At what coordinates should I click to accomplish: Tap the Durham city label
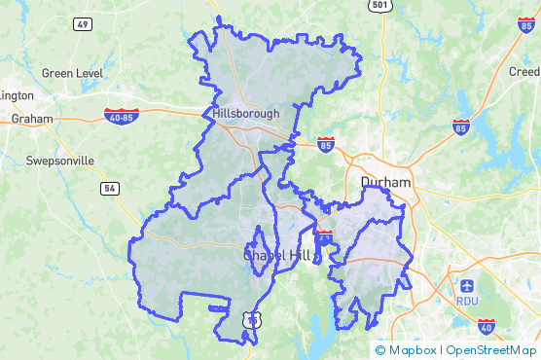pos(386,183)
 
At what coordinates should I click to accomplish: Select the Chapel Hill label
pos(276,254)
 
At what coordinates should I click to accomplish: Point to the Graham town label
pos(31,119)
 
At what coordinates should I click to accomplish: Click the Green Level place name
pos(72,73)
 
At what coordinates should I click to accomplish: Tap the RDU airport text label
pos(467,301)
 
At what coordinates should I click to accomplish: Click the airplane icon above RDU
pos(467,286)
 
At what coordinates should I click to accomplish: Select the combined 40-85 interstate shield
pos(122,116)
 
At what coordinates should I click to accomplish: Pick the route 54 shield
pos(109,187)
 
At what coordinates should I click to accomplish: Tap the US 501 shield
pos(380,6)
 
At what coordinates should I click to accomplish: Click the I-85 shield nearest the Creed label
pos(525,24)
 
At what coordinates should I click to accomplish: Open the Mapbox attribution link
pos(412,350)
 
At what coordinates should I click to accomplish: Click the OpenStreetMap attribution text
pos(492,350)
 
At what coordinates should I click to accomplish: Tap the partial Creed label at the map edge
pos(525,72)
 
